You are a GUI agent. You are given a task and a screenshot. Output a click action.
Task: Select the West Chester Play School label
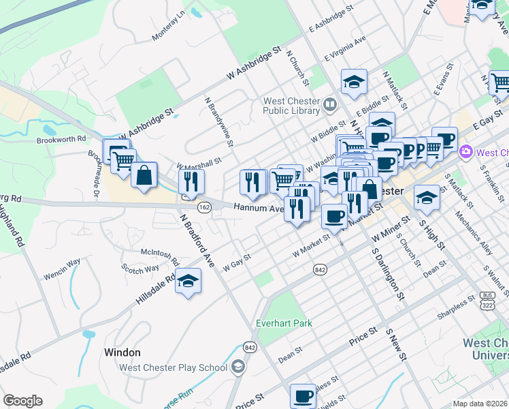point(173,367)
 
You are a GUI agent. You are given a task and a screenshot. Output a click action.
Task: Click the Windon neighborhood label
point(122,352)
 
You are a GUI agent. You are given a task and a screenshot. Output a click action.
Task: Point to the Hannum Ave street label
point(258,209)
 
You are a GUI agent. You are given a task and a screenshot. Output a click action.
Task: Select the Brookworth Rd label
point(62,138)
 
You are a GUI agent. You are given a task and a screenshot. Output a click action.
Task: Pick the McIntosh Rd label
point(159,256)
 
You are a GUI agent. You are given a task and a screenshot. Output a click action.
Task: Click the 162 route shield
point(203,206)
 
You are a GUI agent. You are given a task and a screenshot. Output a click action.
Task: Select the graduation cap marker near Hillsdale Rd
point(188,281)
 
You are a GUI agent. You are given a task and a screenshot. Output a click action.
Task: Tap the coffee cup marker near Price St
point(303,395)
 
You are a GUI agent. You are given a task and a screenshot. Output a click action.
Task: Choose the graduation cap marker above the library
point(354,82)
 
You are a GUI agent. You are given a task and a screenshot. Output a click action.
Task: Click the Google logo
point(22,401)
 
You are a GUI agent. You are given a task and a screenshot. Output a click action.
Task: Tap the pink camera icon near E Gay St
point(466,151)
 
